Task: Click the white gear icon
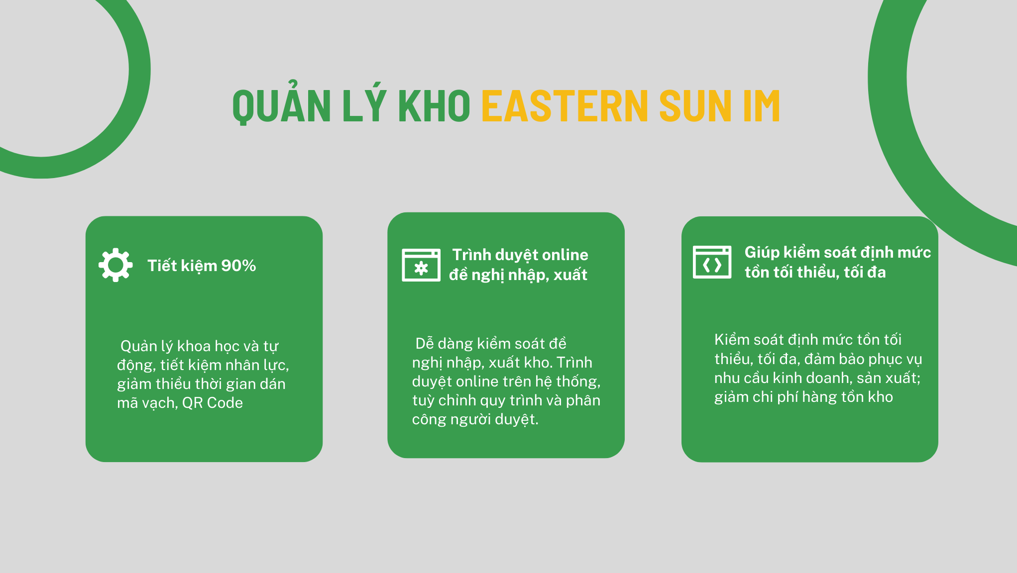click(x=115, y=265)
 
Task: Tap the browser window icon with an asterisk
click(x=421, y=265)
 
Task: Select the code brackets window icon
click(x=712, y=262)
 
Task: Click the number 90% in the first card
click(x=238, y=266)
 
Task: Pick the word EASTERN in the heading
click(x=565, y=105)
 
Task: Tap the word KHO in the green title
click(x=434, y=105)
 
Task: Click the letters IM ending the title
click(x=762, y=105)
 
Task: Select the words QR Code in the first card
click(x=213, y=403)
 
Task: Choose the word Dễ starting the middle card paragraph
click(x=425, y=343)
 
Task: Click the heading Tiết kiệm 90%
click(x=202, y=266)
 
